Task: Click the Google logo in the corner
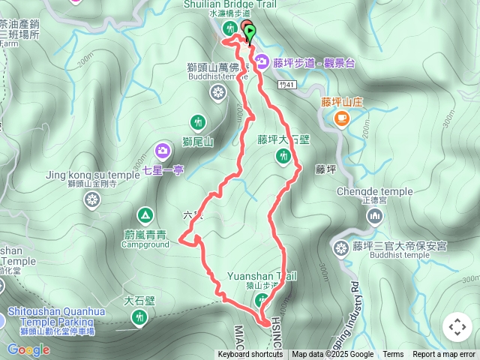(28, 349)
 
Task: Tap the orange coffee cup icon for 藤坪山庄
(341, 117)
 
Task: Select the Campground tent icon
(145, 216)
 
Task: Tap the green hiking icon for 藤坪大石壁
(283, 156)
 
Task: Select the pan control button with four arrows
(457, 327)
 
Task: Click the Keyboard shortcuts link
(250, 355)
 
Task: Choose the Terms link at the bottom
(393, 355)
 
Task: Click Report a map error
(444, 355)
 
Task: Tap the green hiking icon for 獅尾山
(198, 121)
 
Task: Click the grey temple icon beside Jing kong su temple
(92, 199)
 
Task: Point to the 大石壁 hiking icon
(139, 318)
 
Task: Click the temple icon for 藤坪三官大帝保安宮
(341, 247)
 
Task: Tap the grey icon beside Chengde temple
(374, 217)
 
